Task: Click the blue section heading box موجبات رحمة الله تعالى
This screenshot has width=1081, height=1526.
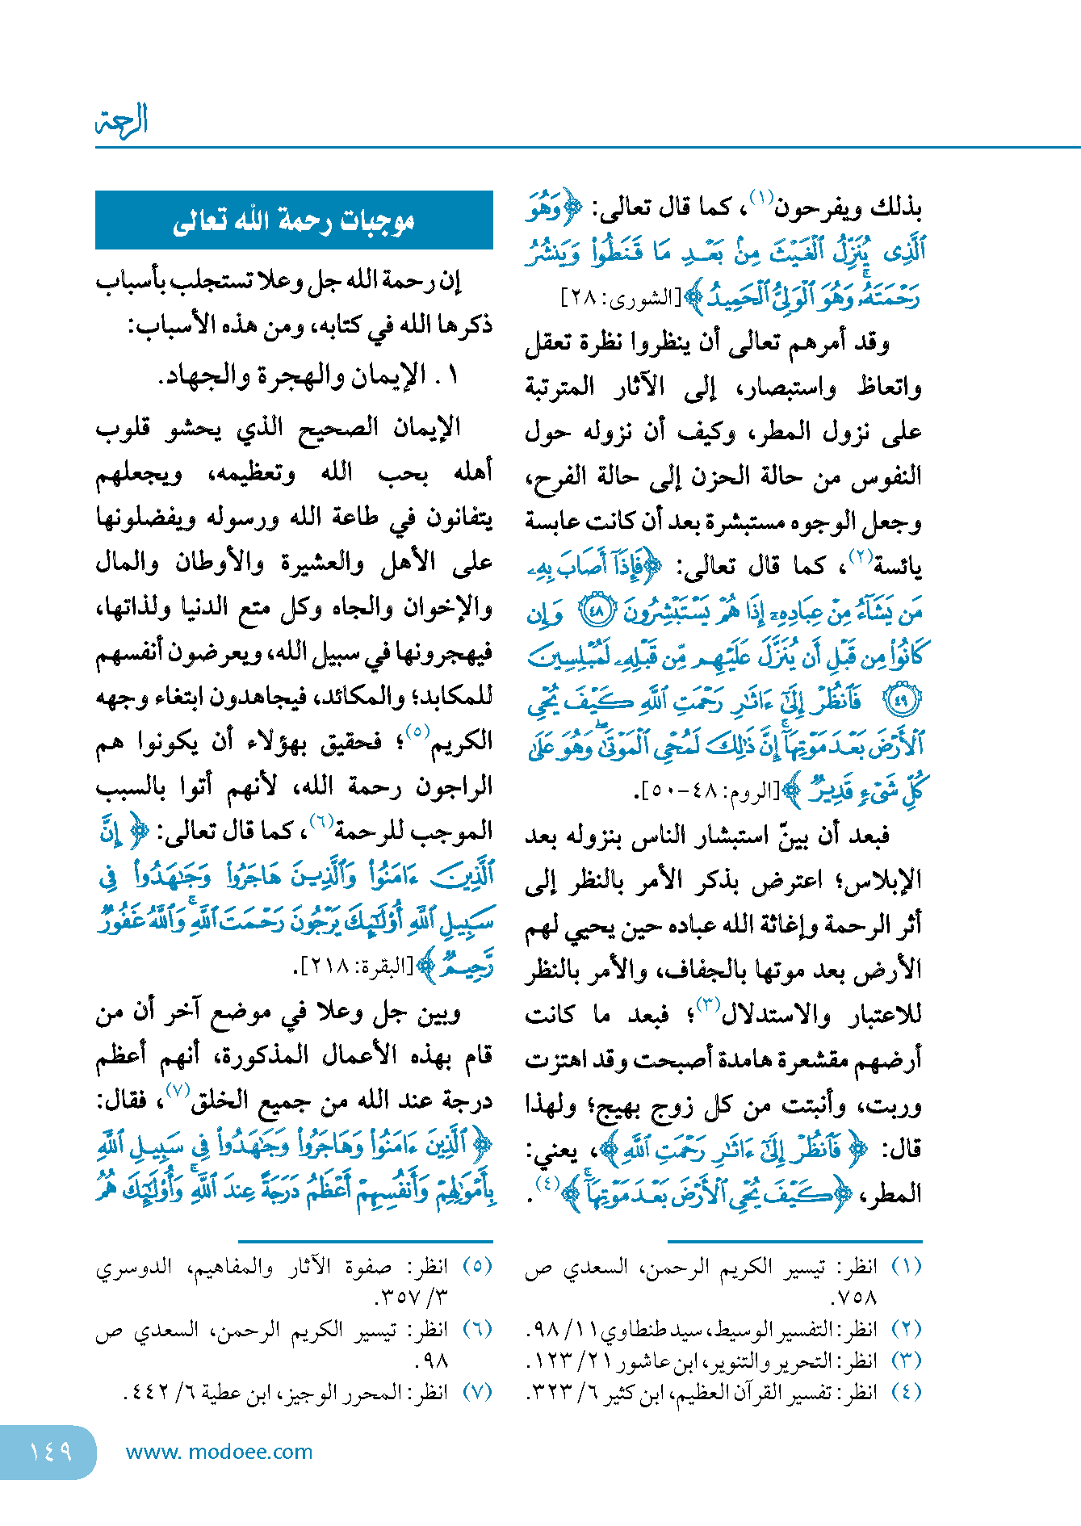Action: click(x=294, y=220)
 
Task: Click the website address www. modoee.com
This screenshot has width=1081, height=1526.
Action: click(x=220, y=1452)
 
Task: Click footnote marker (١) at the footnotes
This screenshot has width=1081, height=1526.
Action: click(x=907, y=1266)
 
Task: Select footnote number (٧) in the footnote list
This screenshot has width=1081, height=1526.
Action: click(x=477, y=1392)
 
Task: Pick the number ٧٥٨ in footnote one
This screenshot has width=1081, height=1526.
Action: click(x=853, y=1298)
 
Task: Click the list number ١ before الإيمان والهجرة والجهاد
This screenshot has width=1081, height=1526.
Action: click(x=451, y=375)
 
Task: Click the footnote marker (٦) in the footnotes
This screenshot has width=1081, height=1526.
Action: click(x=477, y=1329)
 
